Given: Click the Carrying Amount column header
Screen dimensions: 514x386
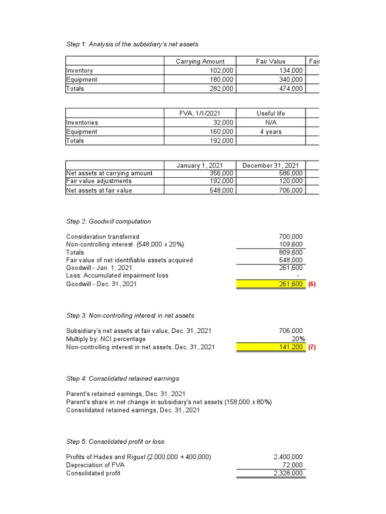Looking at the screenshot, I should click(x=200, y=61).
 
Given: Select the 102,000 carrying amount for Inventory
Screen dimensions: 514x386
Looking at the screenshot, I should click(x=221, y=71).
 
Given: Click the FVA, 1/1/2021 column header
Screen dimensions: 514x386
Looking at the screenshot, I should click(x=200, y=113).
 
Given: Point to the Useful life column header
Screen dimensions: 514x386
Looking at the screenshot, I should click(x=270, y=113).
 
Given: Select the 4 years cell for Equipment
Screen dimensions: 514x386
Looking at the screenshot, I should click(x=270, y=132).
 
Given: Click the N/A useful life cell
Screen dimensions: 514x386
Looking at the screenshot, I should click(x=270, y=122).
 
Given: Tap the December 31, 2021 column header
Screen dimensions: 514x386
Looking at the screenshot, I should click(x=270, y=165).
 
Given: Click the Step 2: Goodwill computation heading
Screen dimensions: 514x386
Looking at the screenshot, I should click(x=109, y=221).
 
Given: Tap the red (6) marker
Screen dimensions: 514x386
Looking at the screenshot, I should click(x=312, y=284).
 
